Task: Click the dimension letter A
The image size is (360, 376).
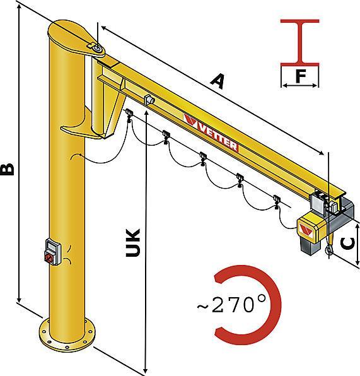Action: (x=218, y=81)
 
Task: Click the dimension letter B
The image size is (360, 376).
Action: (x=7, y=169)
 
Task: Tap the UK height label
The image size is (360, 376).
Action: (x=132, y=243)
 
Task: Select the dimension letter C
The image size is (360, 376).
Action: (x=347, y=244)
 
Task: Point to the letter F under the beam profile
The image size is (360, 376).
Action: (x=301, y=76)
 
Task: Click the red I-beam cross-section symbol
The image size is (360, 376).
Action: (x=300, y=43)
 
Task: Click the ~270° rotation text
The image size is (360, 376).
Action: (x=231, y=305)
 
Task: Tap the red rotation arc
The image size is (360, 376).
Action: (x=276, y=305)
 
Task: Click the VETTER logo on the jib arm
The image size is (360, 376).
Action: (x=211, y=132)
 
